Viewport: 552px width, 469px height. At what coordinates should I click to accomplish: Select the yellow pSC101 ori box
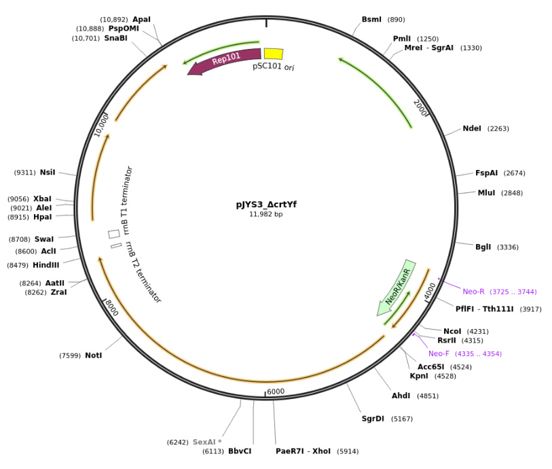(273, 54)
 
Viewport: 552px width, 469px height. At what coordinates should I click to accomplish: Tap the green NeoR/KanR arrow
(398, 287)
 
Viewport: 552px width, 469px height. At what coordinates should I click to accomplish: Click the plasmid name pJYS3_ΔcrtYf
(266, 205)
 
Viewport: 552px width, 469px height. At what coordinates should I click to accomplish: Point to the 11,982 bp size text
(265, 215)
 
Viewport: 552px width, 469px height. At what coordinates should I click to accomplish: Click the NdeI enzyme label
(471, 128)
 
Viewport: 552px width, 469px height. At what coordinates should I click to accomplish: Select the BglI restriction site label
(483, 247)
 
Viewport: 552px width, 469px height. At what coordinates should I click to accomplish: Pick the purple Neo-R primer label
(473, 292)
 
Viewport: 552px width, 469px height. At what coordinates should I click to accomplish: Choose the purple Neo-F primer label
(439, 353)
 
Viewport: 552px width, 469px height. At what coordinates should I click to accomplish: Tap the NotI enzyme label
(93, 355)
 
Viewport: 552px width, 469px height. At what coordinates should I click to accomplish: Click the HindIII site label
(45, 265)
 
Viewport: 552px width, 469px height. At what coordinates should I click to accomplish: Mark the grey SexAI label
(206, 442)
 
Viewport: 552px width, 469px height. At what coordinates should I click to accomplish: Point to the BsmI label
(371, 20)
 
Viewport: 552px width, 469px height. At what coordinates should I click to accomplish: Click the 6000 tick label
(276, 392)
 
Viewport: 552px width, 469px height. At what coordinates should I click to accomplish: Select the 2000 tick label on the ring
(421, 107)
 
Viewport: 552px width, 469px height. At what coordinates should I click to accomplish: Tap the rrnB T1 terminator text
(127, 200)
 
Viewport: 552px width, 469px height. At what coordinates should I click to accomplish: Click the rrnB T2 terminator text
(142, 272)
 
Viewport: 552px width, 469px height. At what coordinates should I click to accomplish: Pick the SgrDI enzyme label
(373, 419)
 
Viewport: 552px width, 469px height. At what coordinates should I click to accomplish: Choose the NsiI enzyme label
(48, 173)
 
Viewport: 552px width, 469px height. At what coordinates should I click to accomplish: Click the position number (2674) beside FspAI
(533, 173)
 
